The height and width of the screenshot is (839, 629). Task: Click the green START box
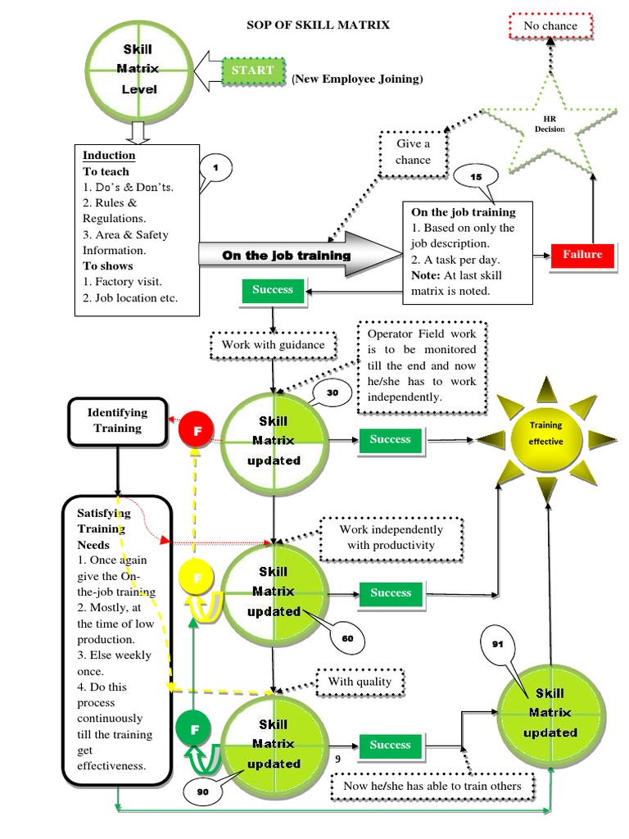(x=252, y=71)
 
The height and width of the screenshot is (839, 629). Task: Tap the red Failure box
(x=581, y=255)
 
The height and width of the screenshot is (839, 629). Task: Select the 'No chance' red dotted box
(x=550, y=26)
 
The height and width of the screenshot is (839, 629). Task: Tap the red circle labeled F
(x=197, y=430)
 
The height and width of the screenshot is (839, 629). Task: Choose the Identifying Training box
(x=117, y=420)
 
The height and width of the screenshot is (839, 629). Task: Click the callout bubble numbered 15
(x=476, y=176)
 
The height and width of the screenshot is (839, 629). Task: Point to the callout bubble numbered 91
(x=497, y=644)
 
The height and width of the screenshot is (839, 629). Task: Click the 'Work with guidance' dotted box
(x=273, y=345)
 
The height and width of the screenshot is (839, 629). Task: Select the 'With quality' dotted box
(x=360, y=682)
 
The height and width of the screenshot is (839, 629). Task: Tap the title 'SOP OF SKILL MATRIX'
(x=319, y=25)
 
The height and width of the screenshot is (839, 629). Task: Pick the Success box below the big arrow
(x=273, y=290)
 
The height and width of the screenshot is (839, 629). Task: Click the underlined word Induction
(x=109, y=156)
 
